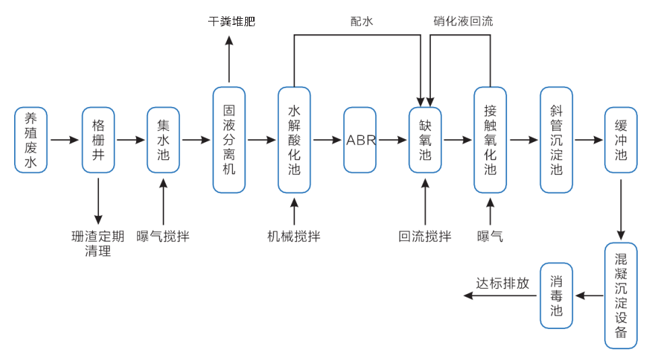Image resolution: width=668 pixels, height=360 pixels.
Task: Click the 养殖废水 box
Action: coord(31,140)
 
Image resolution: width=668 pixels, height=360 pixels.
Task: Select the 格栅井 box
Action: coord(98,140)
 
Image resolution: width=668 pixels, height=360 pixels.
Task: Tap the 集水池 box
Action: coord(164,140)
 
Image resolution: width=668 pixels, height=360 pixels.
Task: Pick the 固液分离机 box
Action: coord(229,140)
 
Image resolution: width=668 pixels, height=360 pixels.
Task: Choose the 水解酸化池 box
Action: coord(294,140)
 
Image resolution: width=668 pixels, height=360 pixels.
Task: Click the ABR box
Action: coord(360,140)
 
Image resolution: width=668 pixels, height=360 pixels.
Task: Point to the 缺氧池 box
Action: coord(425,140)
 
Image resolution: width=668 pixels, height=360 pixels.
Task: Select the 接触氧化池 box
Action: coord(490,140)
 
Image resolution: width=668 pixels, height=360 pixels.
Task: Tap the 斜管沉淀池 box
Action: coord(556,140)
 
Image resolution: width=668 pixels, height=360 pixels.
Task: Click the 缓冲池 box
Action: coord(621,140)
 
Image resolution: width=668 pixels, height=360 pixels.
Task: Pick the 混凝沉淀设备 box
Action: coord(621,295)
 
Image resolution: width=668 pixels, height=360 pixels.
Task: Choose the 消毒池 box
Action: coord(556,295)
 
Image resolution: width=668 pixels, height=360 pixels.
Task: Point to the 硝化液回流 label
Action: coord(463,22)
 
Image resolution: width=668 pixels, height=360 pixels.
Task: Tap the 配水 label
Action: coord(362,22)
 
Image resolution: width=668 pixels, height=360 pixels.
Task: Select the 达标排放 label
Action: coord(502,283)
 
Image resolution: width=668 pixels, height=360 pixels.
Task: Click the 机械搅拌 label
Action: coord(294,236)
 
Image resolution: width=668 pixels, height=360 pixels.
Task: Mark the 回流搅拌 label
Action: coord(425,236)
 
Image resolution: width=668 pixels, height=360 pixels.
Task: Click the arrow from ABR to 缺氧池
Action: coord(393,140)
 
